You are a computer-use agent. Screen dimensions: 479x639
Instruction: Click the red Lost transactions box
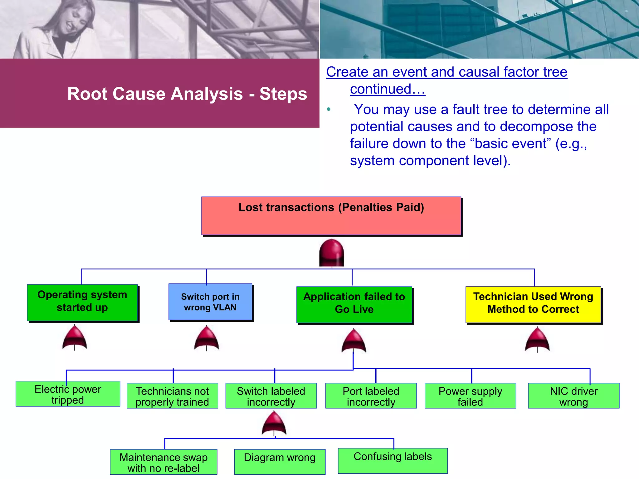click(331, 216)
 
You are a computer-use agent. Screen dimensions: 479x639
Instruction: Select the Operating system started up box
click(82, 302)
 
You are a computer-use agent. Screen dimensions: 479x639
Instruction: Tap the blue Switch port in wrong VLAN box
click(210, 302)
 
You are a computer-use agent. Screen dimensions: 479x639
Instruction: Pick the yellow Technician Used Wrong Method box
click(533, 304)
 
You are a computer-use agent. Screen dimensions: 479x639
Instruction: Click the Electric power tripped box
click(68, 394)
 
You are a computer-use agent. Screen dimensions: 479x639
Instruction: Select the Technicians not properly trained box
click(172, 396)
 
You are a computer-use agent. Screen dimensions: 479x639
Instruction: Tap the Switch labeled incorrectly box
click(271, 396)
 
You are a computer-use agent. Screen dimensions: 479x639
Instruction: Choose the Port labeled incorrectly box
click(371, 396)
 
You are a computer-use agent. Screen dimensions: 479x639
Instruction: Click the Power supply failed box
click(470, 396)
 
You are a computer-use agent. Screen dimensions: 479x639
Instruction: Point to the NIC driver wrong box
click(573, 396)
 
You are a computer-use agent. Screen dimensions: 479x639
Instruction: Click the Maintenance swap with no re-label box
click(163, 462)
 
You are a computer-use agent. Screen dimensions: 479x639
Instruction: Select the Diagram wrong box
click(280, 462)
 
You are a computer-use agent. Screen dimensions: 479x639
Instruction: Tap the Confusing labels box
click(393, 461)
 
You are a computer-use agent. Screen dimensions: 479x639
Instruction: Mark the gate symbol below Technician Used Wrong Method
click(537, 340)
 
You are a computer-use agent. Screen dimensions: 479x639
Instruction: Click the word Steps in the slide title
click(283, 94)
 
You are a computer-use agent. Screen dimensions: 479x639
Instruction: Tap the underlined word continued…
click(388, 89)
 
